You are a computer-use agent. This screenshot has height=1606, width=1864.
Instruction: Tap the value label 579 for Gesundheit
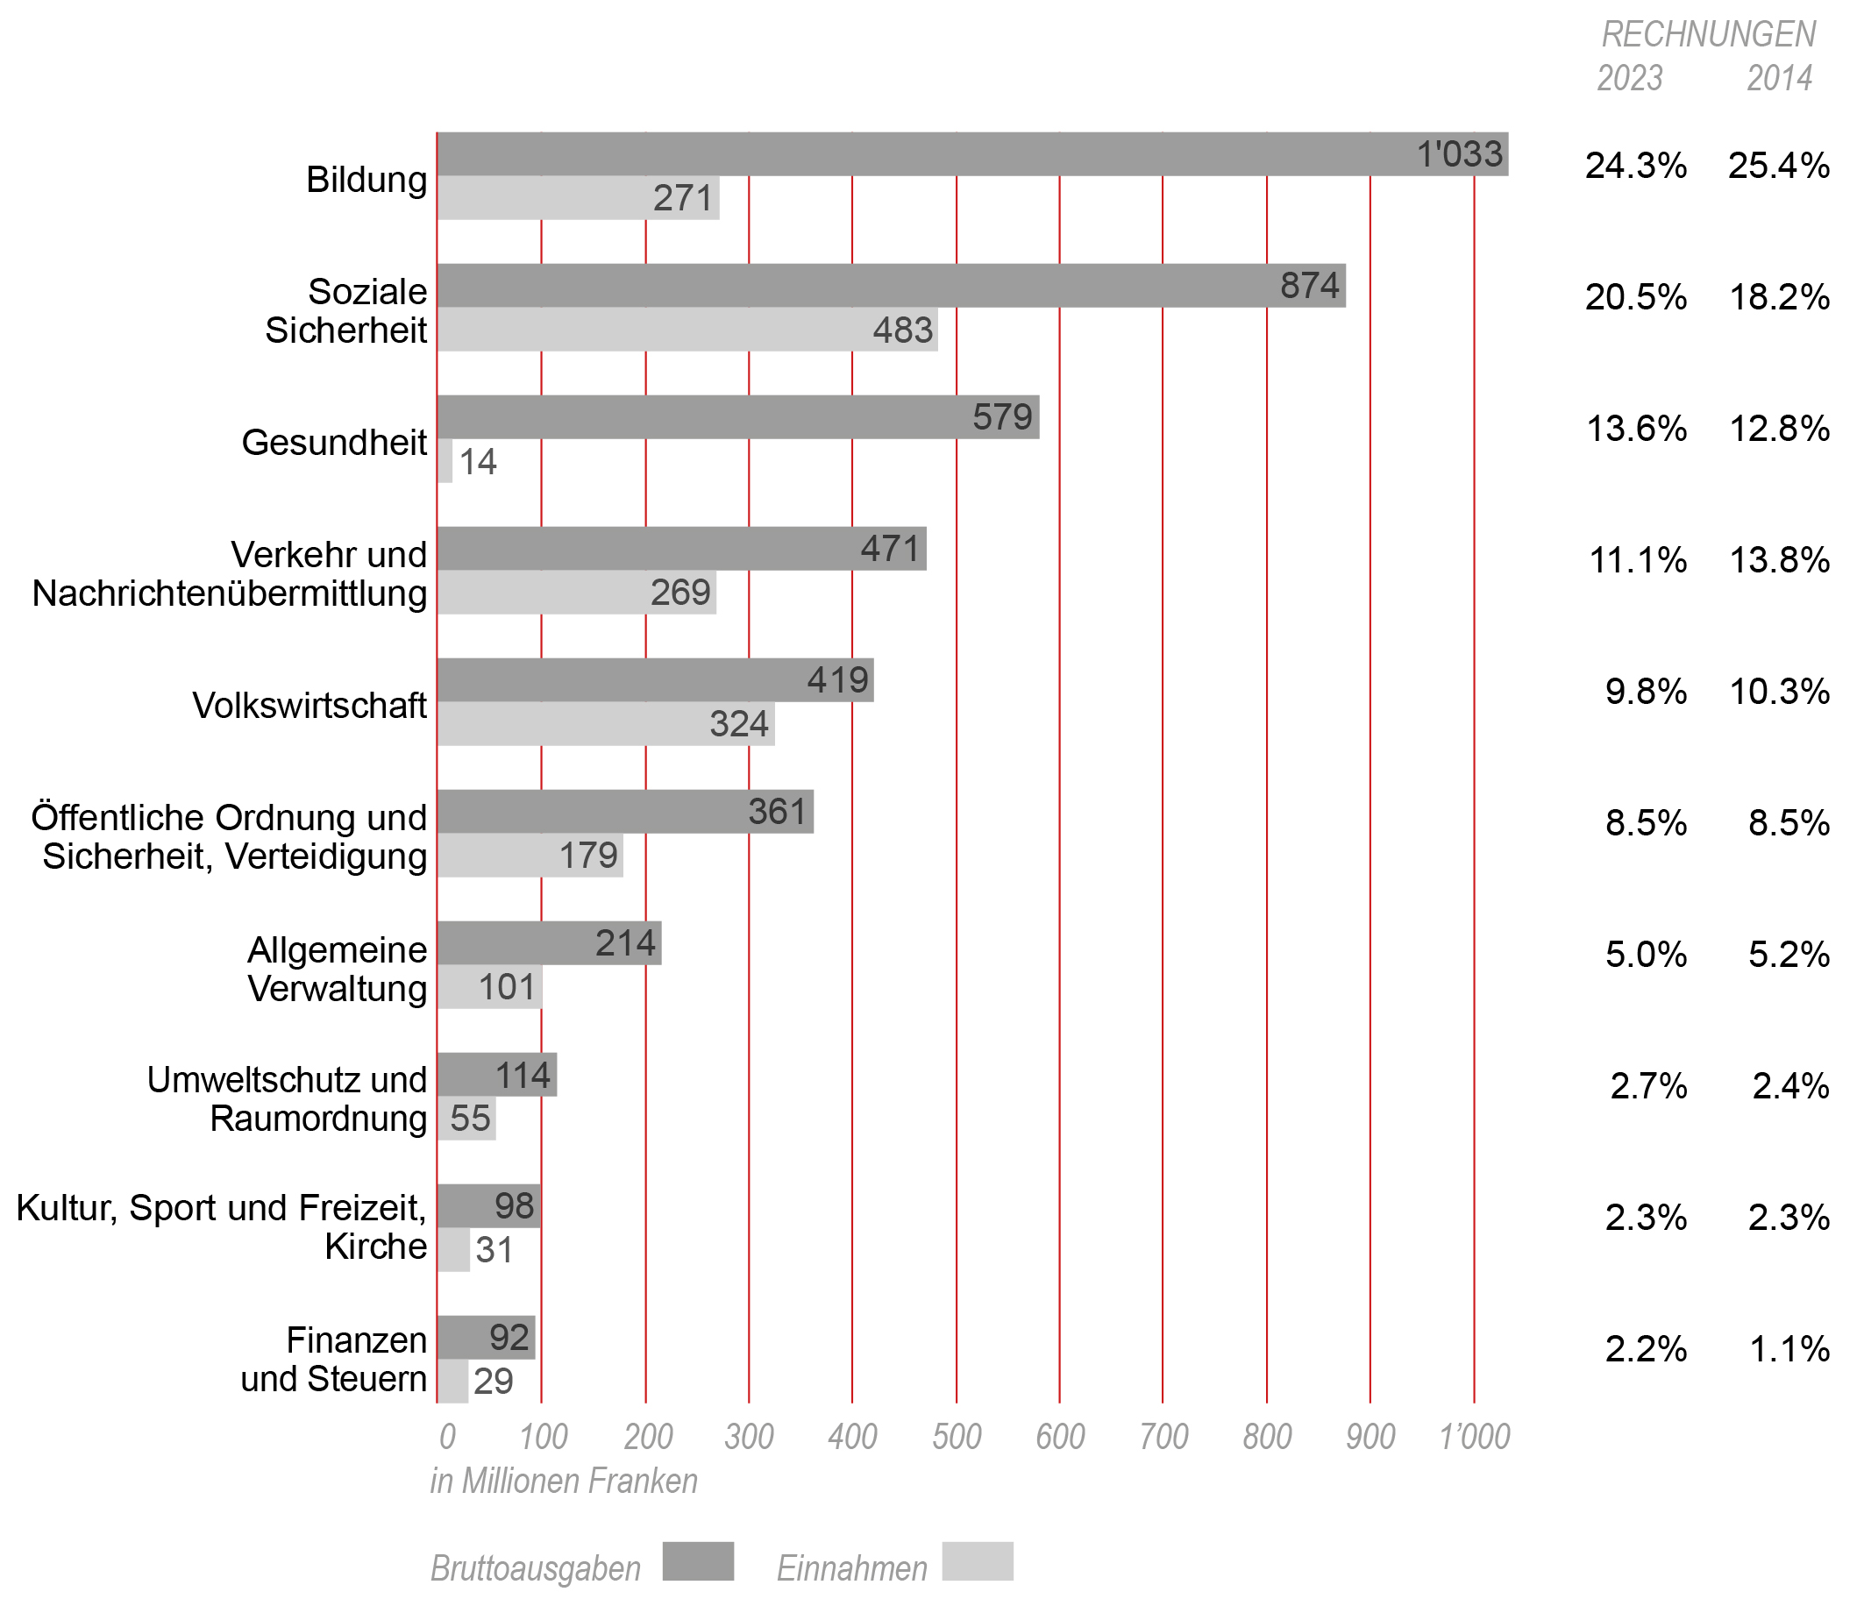coord(1002,417)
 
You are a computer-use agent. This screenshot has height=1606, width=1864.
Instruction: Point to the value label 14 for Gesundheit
coord(478,462)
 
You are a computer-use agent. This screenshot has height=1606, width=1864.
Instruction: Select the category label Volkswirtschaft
coord(309,706)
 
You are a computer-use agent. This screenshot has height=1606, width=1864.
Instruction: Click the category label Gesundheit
coord(334,443)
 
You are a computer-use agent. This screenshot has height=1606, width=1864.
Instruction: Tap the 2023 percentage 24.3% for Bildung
coord(1634,166)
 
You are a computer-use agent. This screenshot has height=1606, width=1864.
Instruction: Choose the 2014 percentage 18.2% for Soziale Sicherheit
coord(1779,297)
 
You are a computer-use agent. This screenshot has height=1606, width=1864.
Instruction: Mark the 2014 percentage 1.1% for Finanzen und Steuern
coord(1789,1348)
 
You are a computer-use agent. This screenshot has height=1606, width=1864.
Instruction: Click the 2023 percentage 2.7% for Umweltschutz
coord(1647,1086)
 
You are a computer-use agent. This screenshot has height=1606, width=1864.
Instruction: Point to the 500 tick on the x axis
coord(957,1437)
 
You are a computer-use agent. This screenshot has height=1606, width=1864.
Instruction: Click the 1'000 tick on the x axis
coord(1474,1437)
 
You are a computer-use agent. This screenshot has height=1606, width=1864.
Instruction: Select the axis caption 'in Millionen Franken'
coord(564,1481)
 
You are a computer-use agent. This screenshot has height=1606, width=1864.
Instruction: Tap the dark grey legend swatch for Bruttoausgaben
coord(698,1561)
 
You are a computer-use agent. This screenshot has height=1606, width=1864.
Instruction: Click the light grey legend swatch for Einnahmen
coord(978,1561)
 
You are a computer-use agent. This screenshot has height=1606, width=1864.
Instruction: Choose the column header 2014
coord(1779,78)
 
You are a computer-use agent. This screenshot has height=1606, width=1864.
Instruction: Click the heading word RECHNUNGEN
coord(1708,34)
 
